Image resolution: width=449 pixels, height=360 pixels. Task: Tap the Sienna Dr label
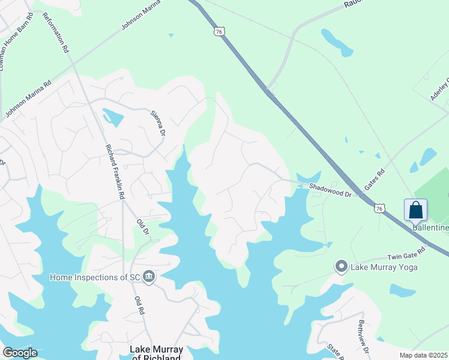(x=157, y=124)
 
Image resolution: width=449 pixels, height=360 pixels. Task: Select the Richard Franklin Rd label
(x=115, y=171)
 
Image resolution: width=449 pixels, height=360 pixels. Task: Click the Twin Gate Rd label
(x=406, y=253)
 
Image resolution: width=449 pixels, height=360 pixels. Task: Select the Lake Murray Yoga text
(x=384, y=266)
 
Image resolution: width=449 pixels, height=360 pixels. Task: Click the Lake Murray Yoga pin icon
(x=342, y=266)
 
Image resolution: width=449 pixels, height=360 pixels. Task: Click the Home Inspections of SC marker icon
(x=149, y=277)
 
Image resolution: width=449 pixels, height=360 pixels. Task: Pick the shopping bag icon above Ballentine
(x=415, y=211)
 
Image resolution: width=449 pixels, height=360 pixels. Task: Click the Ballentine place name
(x=430, y=228)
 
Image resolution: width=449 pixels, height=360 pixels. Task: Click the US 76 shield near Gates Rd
(x=378, y=208)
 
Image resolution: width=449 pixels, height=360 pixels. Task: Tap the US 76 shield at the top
(x=220, y=31)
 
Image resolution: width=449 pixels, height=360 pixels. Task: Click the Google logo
(x=20, y=353)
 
